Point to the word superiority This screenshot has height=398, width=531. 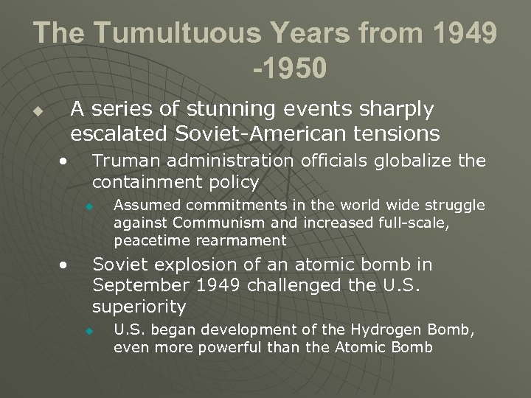coord(139,305)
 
